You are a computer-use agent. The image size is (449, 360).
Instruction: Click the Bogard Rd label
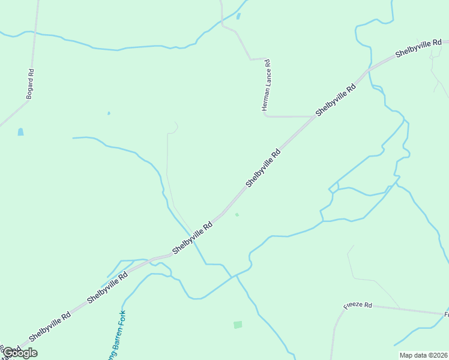(30, 84)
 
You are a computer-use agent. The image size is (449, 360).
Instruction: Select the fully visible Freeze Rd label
(358, 305)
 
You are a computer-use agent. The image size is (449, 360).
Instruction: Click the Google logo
(20, 353)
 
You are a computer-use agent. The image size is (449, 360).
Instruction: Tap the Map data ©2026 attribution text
(423, 355)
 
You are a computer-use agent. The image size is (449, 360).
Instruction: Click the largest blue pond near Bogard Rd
(21, 131)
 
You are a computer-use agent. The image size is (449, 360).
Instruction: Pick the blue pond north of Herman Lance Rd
(238, 16)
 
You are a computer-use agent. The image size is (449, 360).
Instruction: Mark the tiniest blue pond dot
(109, 113)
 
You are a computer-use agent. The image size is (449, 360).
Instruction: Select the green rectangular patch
(238, 325)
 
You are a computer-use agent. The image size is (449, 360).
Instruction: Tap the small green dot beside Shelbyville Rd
(237, 214)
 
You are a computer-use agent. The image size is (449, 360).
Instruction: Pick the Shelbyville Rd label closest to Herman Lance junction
(336, 99)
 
